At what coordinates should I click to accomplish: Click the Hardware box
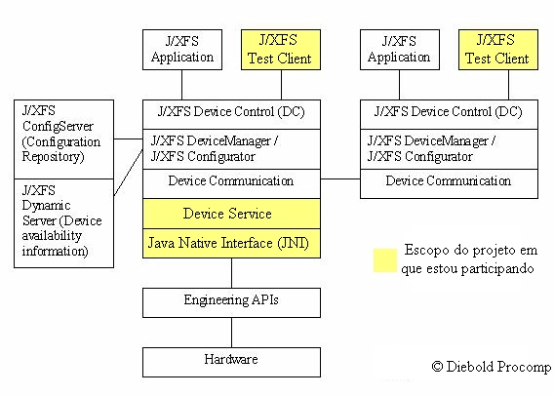tap(231, 362)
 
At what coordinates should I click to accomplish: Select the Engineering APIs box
tap(231, 302)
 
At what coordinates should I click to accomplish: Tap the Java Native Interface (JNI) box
tap(231, 243)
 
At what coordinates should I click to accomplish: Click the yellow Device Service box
tap(231, 214)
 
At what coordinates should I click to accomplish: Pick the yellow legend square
tap(385, 260)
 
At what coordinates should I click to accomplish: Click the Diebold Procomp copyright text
tap(492, 367)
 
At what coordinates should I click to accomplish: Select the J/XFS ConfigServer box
tap(63, 139)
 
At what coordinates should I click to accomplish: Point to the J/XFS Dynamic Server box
tap(63, 223)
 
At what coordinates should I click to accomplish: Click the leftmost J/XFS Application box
tap(182, 50)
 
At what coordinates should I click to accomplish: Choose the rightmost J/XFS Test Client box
tap(498, 50)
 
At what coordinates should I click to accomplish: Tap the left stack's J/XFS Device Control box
tap(231, 114)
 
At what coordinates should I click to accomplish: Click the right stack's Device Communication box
tap(449, 183)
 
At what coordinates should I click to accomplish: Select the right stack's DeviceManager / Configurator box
tap(449, 149)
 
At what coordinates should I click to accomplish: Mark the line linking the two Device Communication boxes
tap(340, 178)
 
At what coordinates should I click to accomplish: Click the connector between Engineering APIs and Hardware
tap(232, 333)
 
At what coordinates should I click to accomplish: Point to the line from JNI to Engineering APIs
tap(232, 273)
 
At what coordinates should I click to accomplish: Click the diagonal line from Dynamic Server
tap(128, 173)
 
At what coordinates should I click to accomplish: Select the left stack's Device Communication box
tap(231, 183)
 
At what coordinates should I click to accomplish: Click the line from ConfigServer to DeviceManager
tap(128, 139)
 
